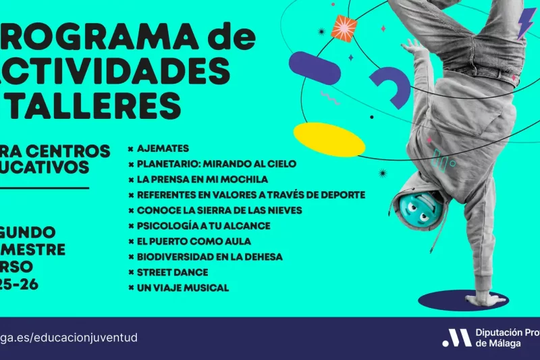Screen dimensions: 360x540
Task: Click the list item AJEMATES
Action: point(163,148)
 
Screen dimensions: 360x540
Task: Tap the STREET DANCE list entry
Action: point(172,272)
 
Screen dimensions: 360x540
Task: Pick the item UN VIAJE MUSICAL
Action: point(182,288)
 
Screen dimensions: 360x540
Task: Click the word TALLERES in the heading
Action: point(94,105)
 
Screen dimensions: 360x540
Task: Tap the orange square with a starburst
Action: point(344,28)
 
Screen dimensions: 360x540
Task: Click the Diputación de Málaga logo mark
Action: point(457,338)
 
